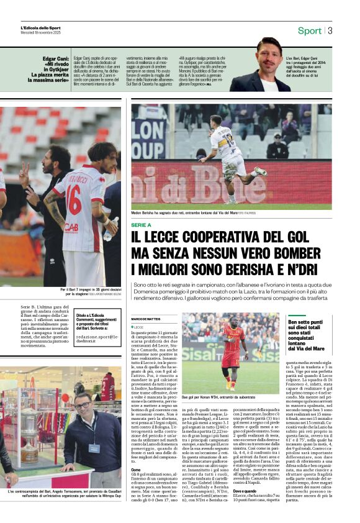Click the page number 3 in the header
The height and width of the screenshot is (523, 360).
pos(330,30)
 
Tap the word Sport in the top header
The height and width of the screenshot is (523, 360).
pos(309,30)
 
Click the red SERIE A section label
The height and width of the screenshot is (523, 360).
pos(141,224)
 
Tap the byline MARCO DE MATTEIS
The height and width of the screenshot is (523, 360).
pos(146,319)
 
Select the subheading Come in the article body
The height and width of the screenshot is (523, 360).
pos(135,470)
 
